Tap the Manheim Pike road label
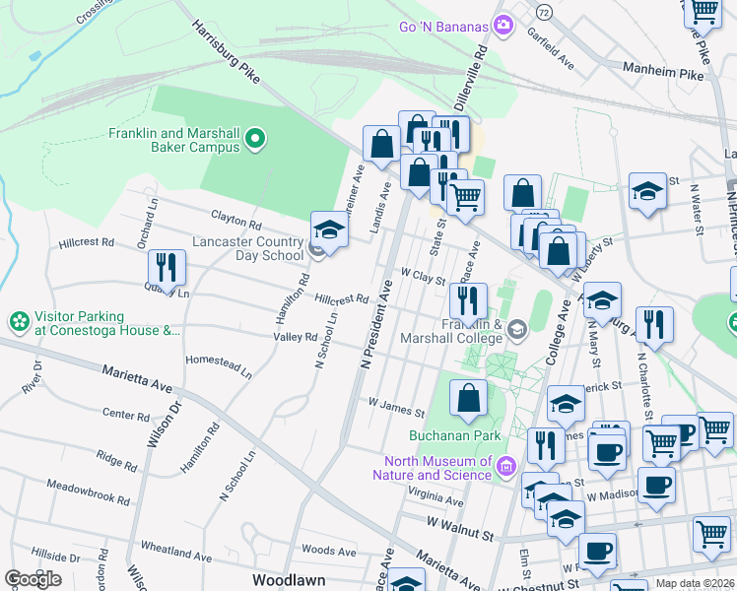[665, 72]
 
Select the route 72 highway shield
[543, 11]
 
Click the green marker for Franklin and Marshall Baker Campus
[255, 139]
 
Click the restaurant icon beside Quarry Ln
[166, 265]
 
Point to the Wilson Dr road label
[163, 422]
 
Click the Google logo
[33, 578]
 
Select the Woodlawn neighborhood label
[289, 580]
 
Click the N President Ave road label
[374, 324]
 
